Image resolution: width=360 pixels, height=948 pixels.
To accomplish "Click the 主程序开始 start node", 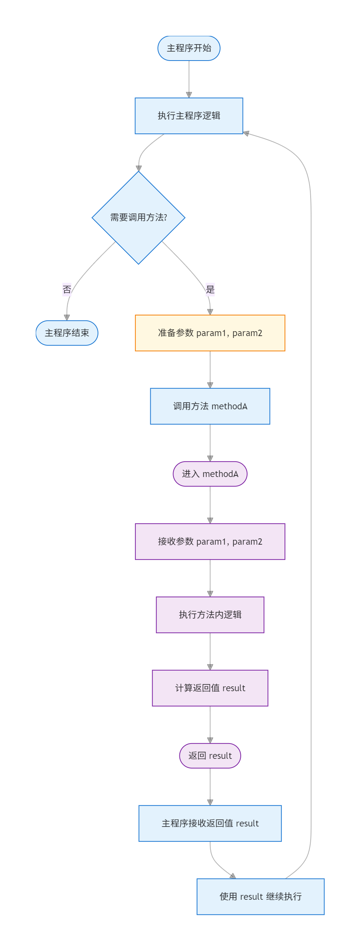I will (x=189, y=48).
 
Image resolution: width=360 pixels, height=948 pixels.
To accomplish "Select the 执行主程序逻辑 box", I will (x=189, y=116).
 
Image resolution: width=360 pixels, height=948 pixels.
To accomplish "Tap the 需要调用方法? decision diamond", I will (x=138, y=218).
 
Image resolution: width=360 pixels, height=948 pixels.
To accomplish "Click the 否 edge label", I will (x=67, y=289).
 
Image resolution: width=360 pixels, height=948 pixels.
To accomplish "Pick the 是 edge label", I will (x=210, y=289).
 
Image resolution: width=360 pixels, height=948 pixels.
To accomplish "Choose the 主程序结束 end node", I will (x=67, y=333).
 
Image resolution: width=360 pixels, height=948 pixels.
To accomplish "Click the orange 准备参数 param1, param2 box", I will (x=210, y=333).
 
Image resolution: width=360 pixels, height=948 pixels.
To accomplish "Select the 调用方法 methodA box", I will (x=210, y=406).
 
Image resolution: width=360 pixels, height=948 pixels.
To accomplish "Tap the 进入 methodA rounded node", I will (x=210, y=474).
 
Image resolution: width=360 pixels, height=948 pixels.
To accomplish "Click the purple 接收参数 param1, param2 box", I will (x=210, y=541).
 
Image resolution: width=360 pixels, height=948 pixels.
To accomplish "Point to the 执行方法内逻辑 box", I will (x=210, y=615).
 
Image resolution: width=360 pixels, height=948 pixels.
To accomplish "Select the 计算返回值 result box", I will (x=210, y=688).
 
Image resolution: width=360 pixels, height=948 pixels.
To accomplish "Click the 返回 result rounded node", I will (x=210, y=755).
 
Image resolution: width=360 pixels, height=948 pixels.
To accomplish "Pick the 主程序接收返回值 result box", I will (x=210, y=823).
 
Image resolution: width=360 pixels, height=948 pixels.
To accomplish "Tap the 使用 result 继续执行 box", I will (x=261, y=896).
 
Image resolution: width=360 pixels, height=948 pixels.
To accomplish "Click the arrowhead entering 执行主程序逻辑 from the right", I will (x=246, y=133).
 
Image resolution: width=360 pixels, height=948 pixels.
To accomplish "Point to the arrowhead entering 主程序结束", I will (x=67, y=317).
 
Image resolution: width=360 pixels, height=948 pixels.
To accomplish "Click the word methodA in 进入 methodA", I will (x=220, y=474).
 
